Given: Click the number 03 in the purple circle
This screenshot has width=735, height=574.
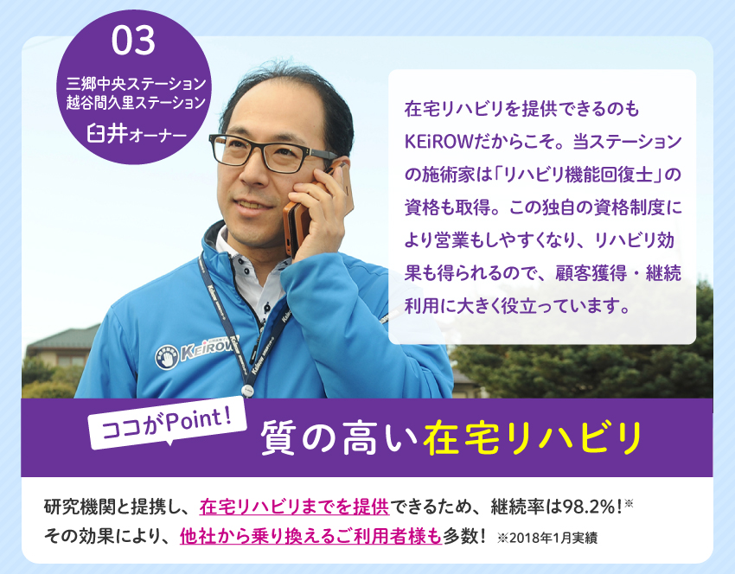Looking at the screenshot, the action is point(133,41).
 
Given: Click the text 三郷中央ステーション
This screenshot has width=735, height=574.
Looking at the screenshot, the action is point(136,83).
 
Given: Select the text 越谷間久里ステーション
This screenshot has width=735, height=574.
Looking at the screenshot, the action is point(136,102).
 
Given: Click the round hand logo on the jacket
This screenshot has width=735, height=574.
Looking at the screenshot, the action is point(166,357).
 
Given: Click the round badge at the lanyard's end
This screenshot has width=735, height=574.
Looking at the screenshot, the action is point(247,390).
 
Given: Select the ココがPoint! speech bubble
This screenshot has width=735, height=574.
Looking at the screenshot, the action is point(168,423).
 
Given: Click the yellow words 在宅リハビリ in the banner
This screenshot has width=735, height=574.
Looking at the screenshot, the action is point(532,438).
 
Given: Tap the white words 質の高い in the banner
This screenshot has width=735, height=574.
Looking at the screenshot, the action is point(338,438).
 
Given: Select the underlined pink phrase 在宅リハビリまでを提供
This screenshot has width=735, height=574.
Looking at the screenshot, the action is point(294,507).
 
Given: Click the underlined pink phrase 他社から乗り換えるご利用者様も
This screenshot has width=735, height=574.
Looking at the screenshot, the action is point(310,536).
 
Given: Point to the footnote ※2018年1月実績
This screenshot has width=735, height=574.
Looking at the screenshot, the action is point(547,538).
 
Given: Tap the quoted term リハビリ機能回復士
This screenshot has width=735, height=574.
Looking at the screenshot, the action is point(578,175).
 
